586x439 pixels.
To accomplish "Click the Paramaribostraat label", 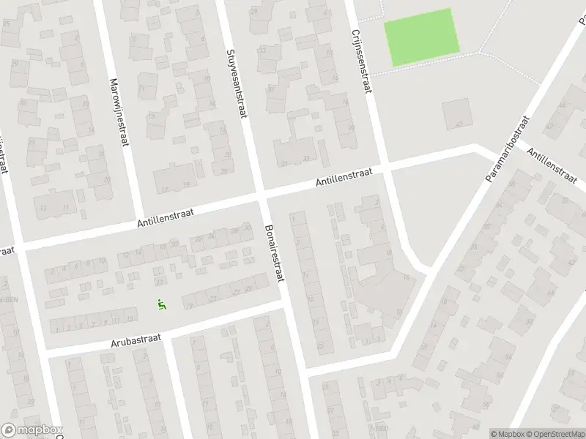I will tap(507, 149).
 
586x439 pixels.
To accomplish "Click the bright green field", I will tap(422, 36).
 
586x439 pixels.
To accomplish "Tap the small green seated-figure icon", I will tap(162, 304).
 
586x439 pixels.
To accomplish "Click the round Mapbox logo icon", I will tap(9, 430).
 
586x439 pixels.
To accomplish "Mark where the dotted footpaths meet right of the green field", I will tap(480, 53).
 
